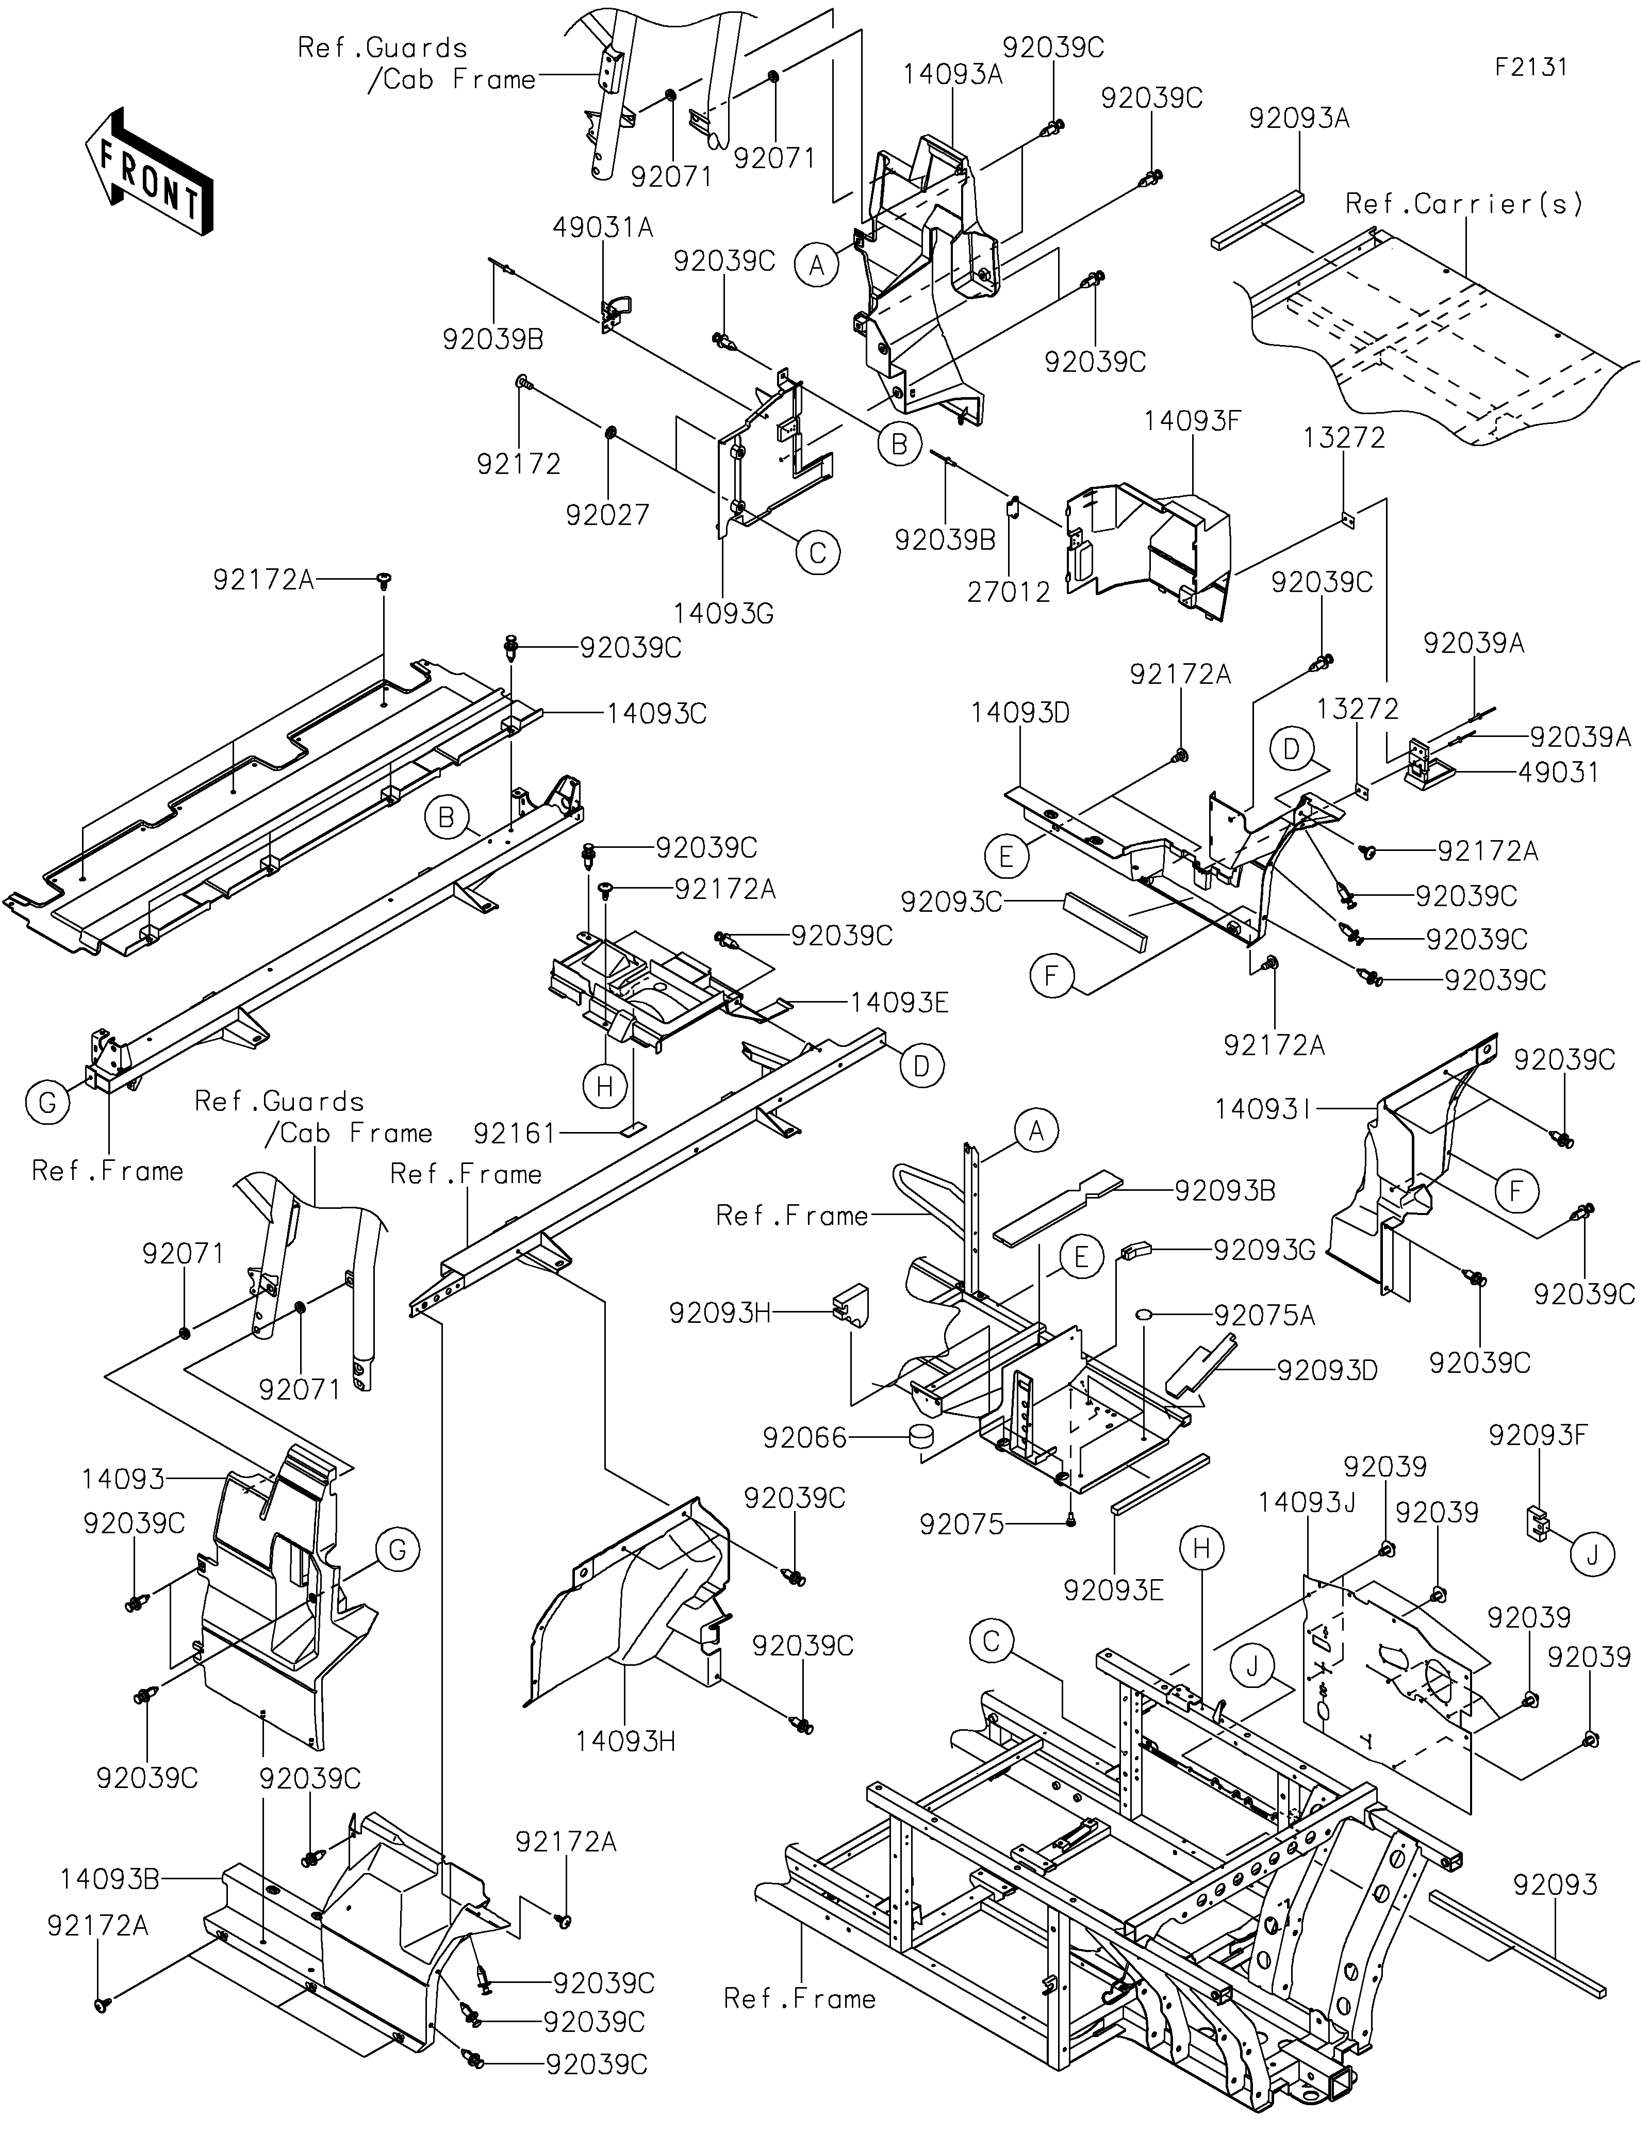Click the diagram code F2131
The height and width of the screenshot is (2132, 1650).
(x=1531, y=68)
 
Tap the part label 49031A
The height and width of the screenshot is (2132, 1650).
(x=603, y=227)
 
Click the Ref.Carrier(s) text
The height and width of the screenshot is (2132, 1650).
(x=1464, y=204)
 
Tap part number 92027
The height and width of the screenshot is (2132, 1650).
(x=608, y=515)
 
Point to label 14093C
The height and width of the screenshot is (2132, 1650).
(x=657, y=714)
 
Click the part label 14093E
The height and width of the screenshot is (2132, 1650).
(x=900, y=1003)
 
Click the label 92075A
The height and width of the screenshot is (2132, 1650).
(x=1265, y=1316)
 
